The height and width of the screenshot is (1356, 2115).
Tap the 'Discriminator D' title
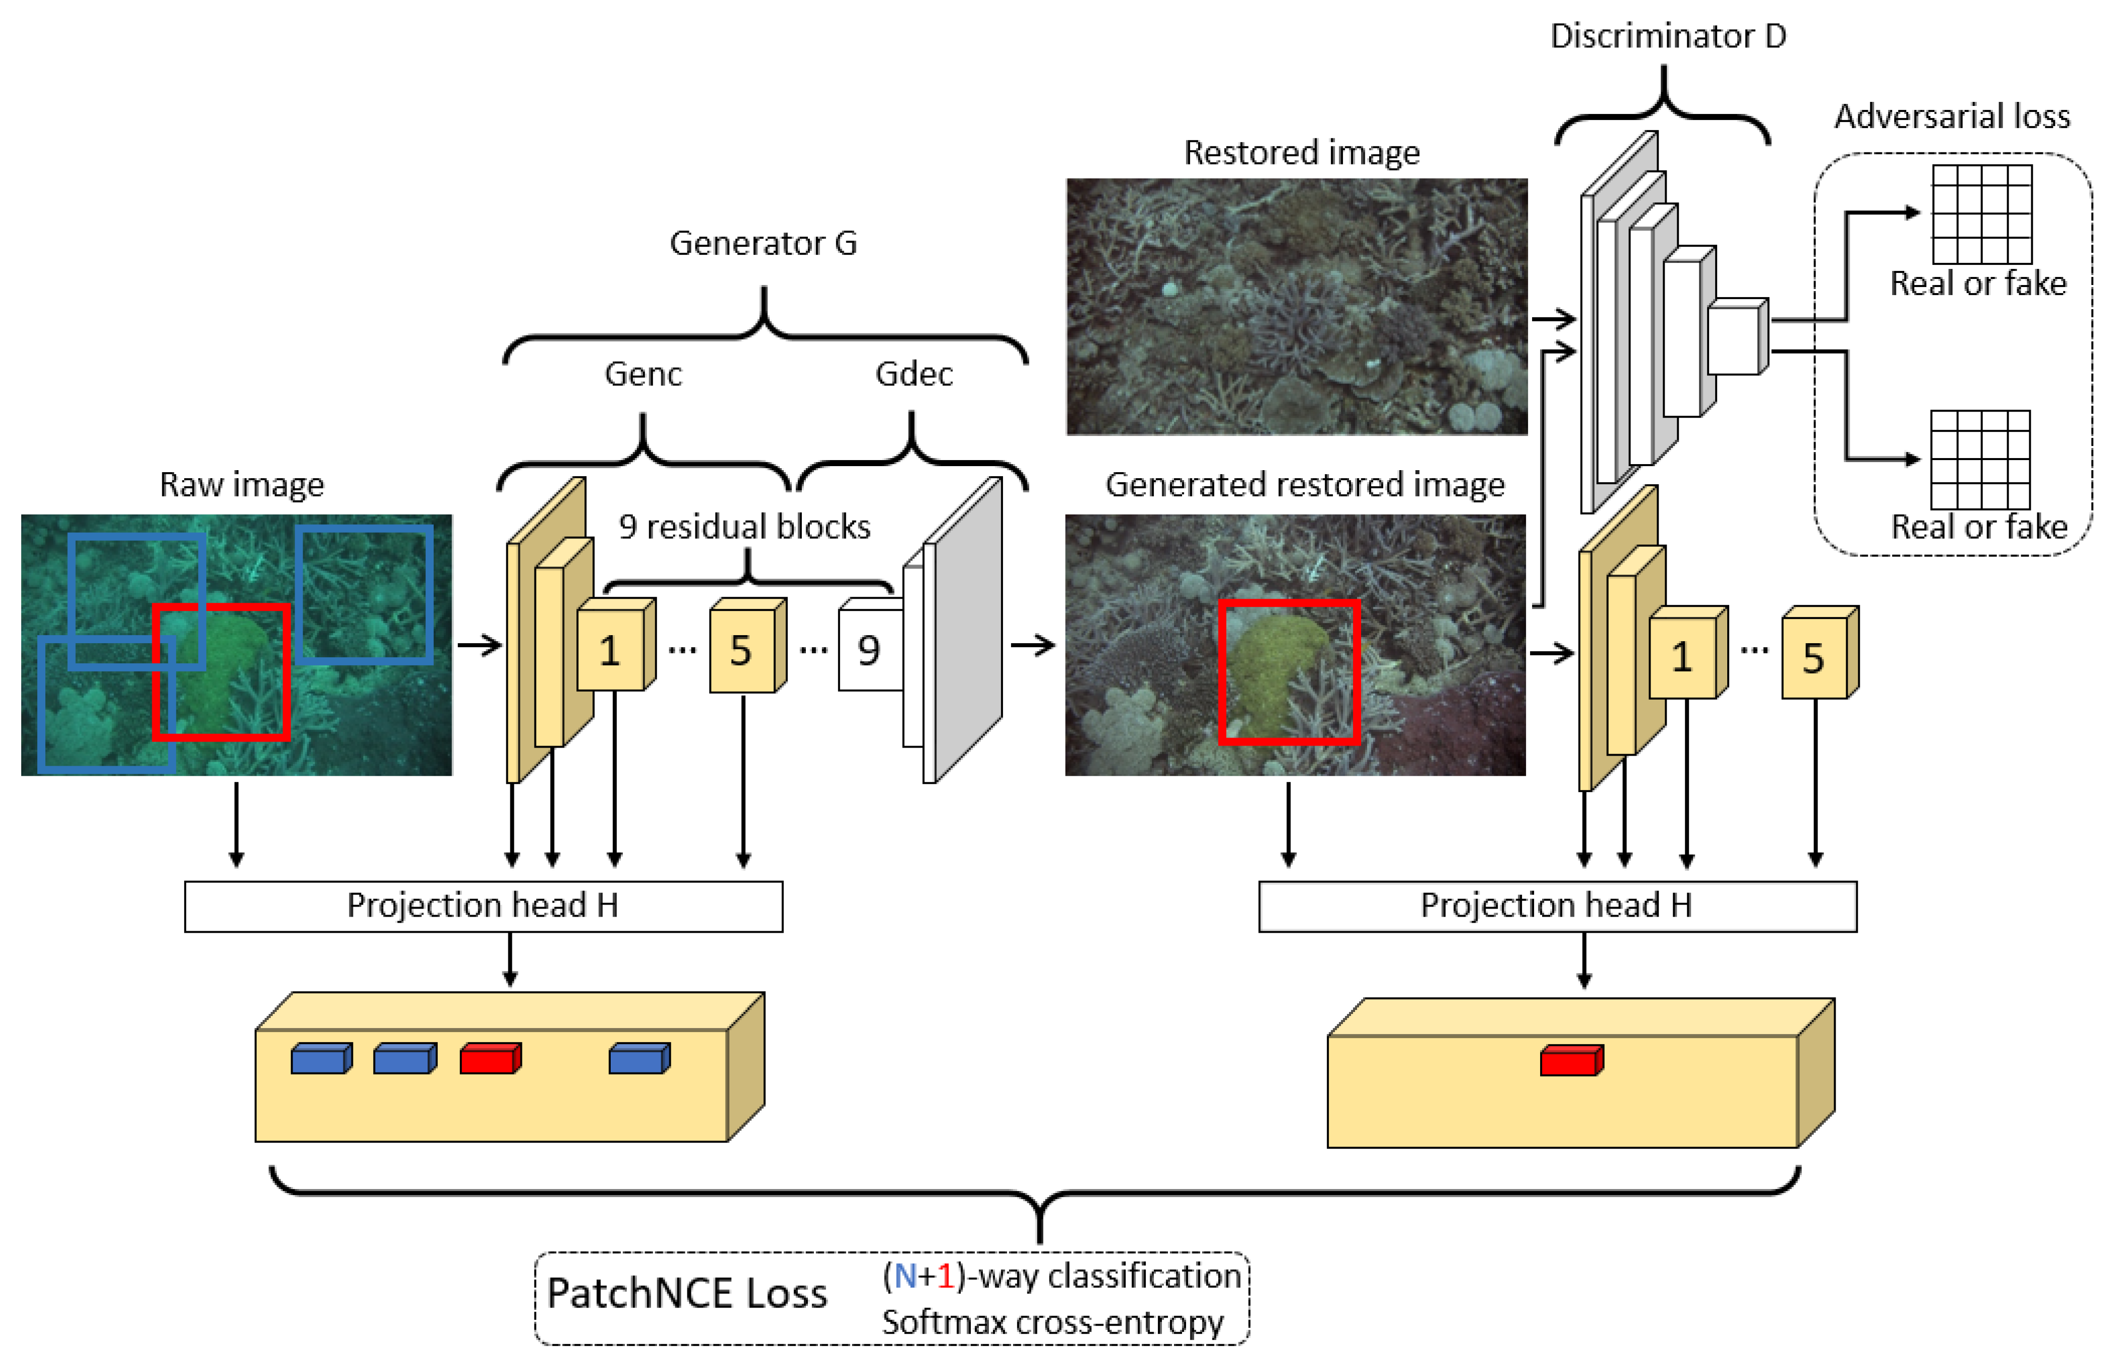point(1667,36)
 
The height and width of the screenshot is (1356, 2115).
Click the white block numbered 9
point(869,650)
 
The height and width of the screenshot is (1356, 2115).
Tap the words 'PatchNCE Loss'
point(686,1292)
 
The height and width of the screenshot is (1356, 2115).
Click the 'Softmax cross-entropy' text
point(1052,1322)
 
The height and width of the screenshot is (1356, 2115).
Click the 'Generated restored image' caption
point(1305,484)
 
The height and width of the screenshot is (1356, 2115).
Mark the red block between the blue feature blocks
point(489,1058)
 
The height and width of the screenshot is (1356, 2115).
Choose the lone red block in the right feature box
point(1571,1060)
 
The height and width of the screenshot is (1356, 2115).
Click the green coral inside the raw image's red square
point(224,669)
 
